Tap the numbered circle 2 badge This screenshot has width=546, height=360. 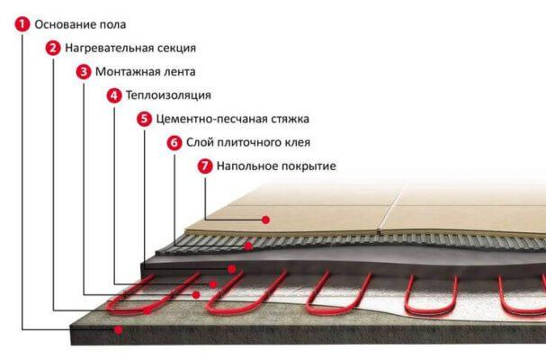pyautogui.click(x=53, y=48)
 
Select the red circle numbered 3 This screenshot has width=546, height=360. pyautogui.click(x=84, y=71)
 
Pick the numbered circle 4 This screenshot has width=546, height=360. pyautogui.click(x=113, y=94)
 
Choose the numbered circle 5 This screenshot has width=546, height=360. pyautogui.click(x=144, y=118)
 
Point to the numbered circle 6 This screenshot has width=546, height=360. pyautogui.click(x=175, y=142)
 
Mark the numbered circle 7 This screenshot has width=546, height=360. pyautogui.click(x=205, y=166)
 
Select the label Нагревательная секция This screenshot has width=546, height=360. pyautogui.click(x=130, y=48)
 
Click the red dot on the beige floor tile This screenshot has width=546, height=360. pyautogui.click(x=266, y=219)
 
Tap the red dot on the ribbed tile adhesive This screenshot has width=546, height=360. pyautogui.click(x=248, y=245)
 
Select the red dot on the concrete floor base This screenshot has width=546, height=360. pyautogui.click(x=118, y=329)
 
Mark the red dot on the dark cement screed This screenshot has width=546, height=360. pyautogui.click(x=232, y=268)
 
